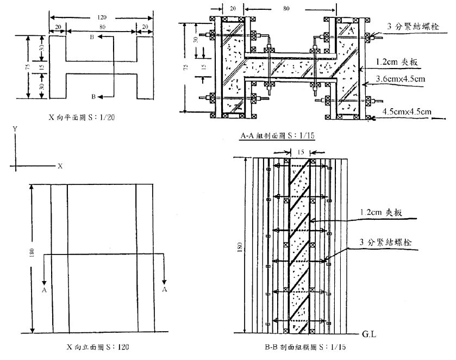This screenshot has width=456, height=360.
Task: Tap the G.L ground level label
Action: [x=369, y=335]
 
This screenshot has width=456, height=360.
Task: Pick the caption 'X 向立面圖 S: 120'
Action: [x=90, y=346]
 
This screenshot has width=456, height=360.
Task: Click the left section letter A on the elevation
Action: [x=43, y=290]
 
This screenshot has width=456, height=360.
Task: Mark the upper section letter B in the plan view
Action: [x=93, y=38]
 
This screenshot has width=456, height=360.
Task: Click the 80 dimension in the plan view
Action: [x=101, y=26]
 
